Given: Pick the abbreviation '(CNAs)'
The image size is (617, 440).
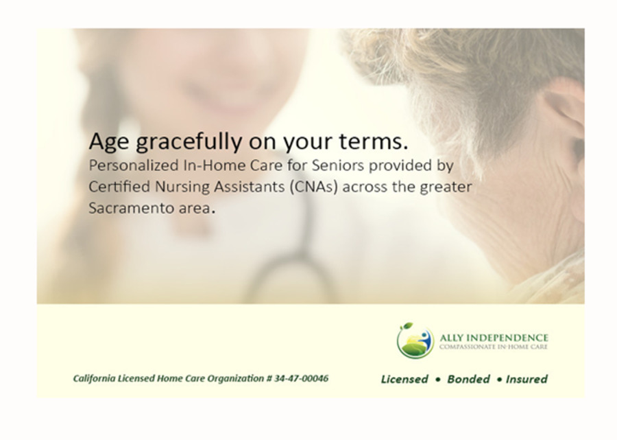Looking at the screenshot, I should point(308,187).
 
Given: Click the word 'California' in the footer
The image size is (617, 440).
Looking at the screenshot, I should point(95,378).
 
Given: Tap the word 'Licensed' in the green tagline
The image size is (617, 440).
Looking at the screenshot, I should point(404,379).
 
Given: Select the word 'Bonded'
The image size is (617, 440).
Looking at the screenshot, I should point(468,379).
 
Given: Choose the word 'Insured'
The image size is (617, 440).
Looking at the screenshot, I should point(527,379).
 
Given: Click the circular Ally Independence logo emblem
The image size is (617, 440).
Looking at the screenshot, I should point(415,340).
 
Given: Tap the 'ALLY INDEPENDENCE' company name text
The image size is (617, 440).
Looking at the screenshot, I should point(494,338).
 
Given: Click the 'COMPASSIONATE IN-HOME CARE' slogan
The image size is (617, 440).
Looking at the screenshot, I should point(494,347).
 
